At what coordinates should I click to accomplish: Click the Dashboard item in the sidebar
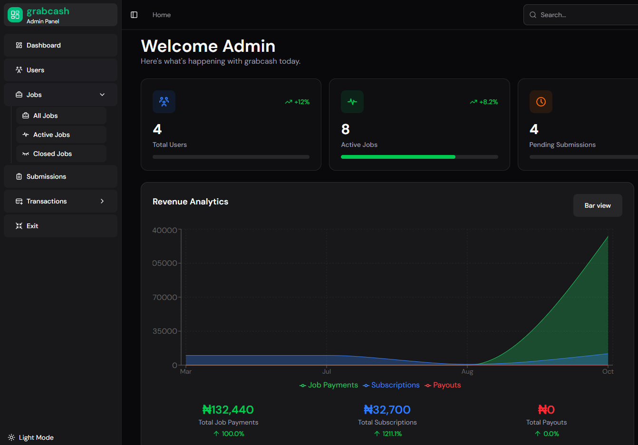44,45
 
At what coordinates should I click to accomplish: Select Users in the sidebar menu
35,70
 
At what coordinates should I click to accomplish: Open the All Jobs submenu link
46,116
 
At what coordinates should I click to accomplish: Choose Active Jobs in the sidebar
51,135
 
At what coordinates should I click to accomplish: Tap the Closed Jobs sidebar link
52,154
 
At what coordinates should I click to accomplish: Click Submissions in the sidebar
46,176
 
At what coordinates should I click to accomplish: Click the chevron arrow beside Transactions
102,201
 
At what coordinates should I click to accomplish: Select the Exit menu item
32,226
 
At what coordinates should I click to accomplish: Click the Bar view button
597,205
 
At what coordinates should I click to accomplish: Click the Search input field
585,15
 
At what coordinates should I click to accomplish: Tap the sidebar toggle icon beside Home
134,15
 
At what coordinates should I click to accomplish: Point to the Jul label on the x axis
327,372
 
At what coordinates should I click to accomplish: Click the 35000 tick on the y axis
164,331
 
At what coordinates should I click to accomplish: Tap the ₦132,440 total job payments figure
228,409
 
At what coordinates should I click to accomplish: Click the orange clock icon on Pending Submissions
541,102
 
